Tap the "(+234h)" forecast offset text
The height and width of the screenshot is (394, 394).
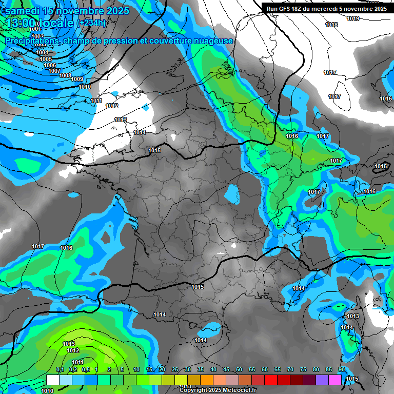click(x=92, y=23)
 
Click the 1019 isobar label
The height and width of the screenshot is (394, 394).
click(x=353, y=19)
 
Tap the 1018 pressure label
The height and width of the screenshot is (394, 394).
click(x=331, y=25)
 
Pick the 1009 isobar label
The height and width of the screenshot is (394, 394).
click(x=77, y=79)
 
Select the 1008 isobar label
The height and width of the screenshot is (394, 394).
click(x=65, y=75)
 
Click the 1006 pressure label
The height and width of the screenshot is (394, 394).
click(x=50, y=65)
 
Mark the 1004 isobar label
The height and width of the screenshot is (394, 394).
click(x=42, y=52)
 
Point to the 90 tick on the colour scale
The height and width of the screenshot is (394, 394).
click(x=341, y=369)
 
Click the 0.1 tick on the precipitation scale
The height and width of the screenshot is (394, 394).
click(x=60, y=369)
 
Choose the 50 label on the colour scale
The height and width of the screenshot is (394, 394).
click(x=239, y=369)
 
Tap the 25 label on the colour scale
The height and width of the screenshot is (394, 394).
click(x=175, y=369)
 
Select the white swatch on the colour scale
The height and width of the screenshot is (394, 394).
click(x=52, y=380)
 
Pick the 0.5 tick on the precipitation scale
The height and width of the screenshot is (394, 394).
click(x=85, y=369)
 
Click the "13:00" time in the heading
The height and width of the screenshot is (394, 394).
click(x=22, y=23)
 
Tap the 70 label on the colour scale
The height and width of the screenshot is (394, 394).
click(x=290, y=369)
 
